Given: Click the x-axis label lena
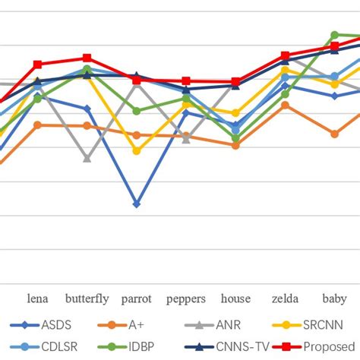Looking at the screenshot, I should (x=38, y=298).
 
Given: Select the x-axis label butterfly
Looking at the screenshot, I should (x=87, y=298).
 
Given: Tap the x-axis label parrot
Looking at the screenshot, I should (x=137, y=298).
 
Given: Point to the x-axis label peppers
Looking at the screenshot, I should (x=186, y=298).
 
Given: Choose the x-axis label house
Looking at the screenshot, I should (x=235, y=298).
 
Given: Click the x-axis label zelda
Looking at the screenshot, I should (x=285, y=298).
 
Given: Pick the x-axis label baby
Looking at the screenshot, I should (x=334, y=298).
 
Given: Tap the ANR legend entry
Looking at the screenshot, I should (x=226, y=325).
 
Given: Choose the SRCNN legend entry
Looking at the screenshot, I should (x=318, y=325).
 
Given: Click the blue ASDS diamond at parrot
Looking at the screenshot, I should (x=137, y=204).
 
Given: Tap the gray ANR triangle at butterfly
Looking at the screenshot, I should (x=87, y=159).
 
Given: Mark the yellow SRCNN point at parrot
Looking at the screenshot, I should (x=137, y=151).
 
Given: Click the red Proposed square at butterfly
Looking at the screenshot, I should (x=87, y=58).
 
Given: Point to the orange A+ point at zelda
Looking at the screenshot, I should (x=285, y=105).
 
